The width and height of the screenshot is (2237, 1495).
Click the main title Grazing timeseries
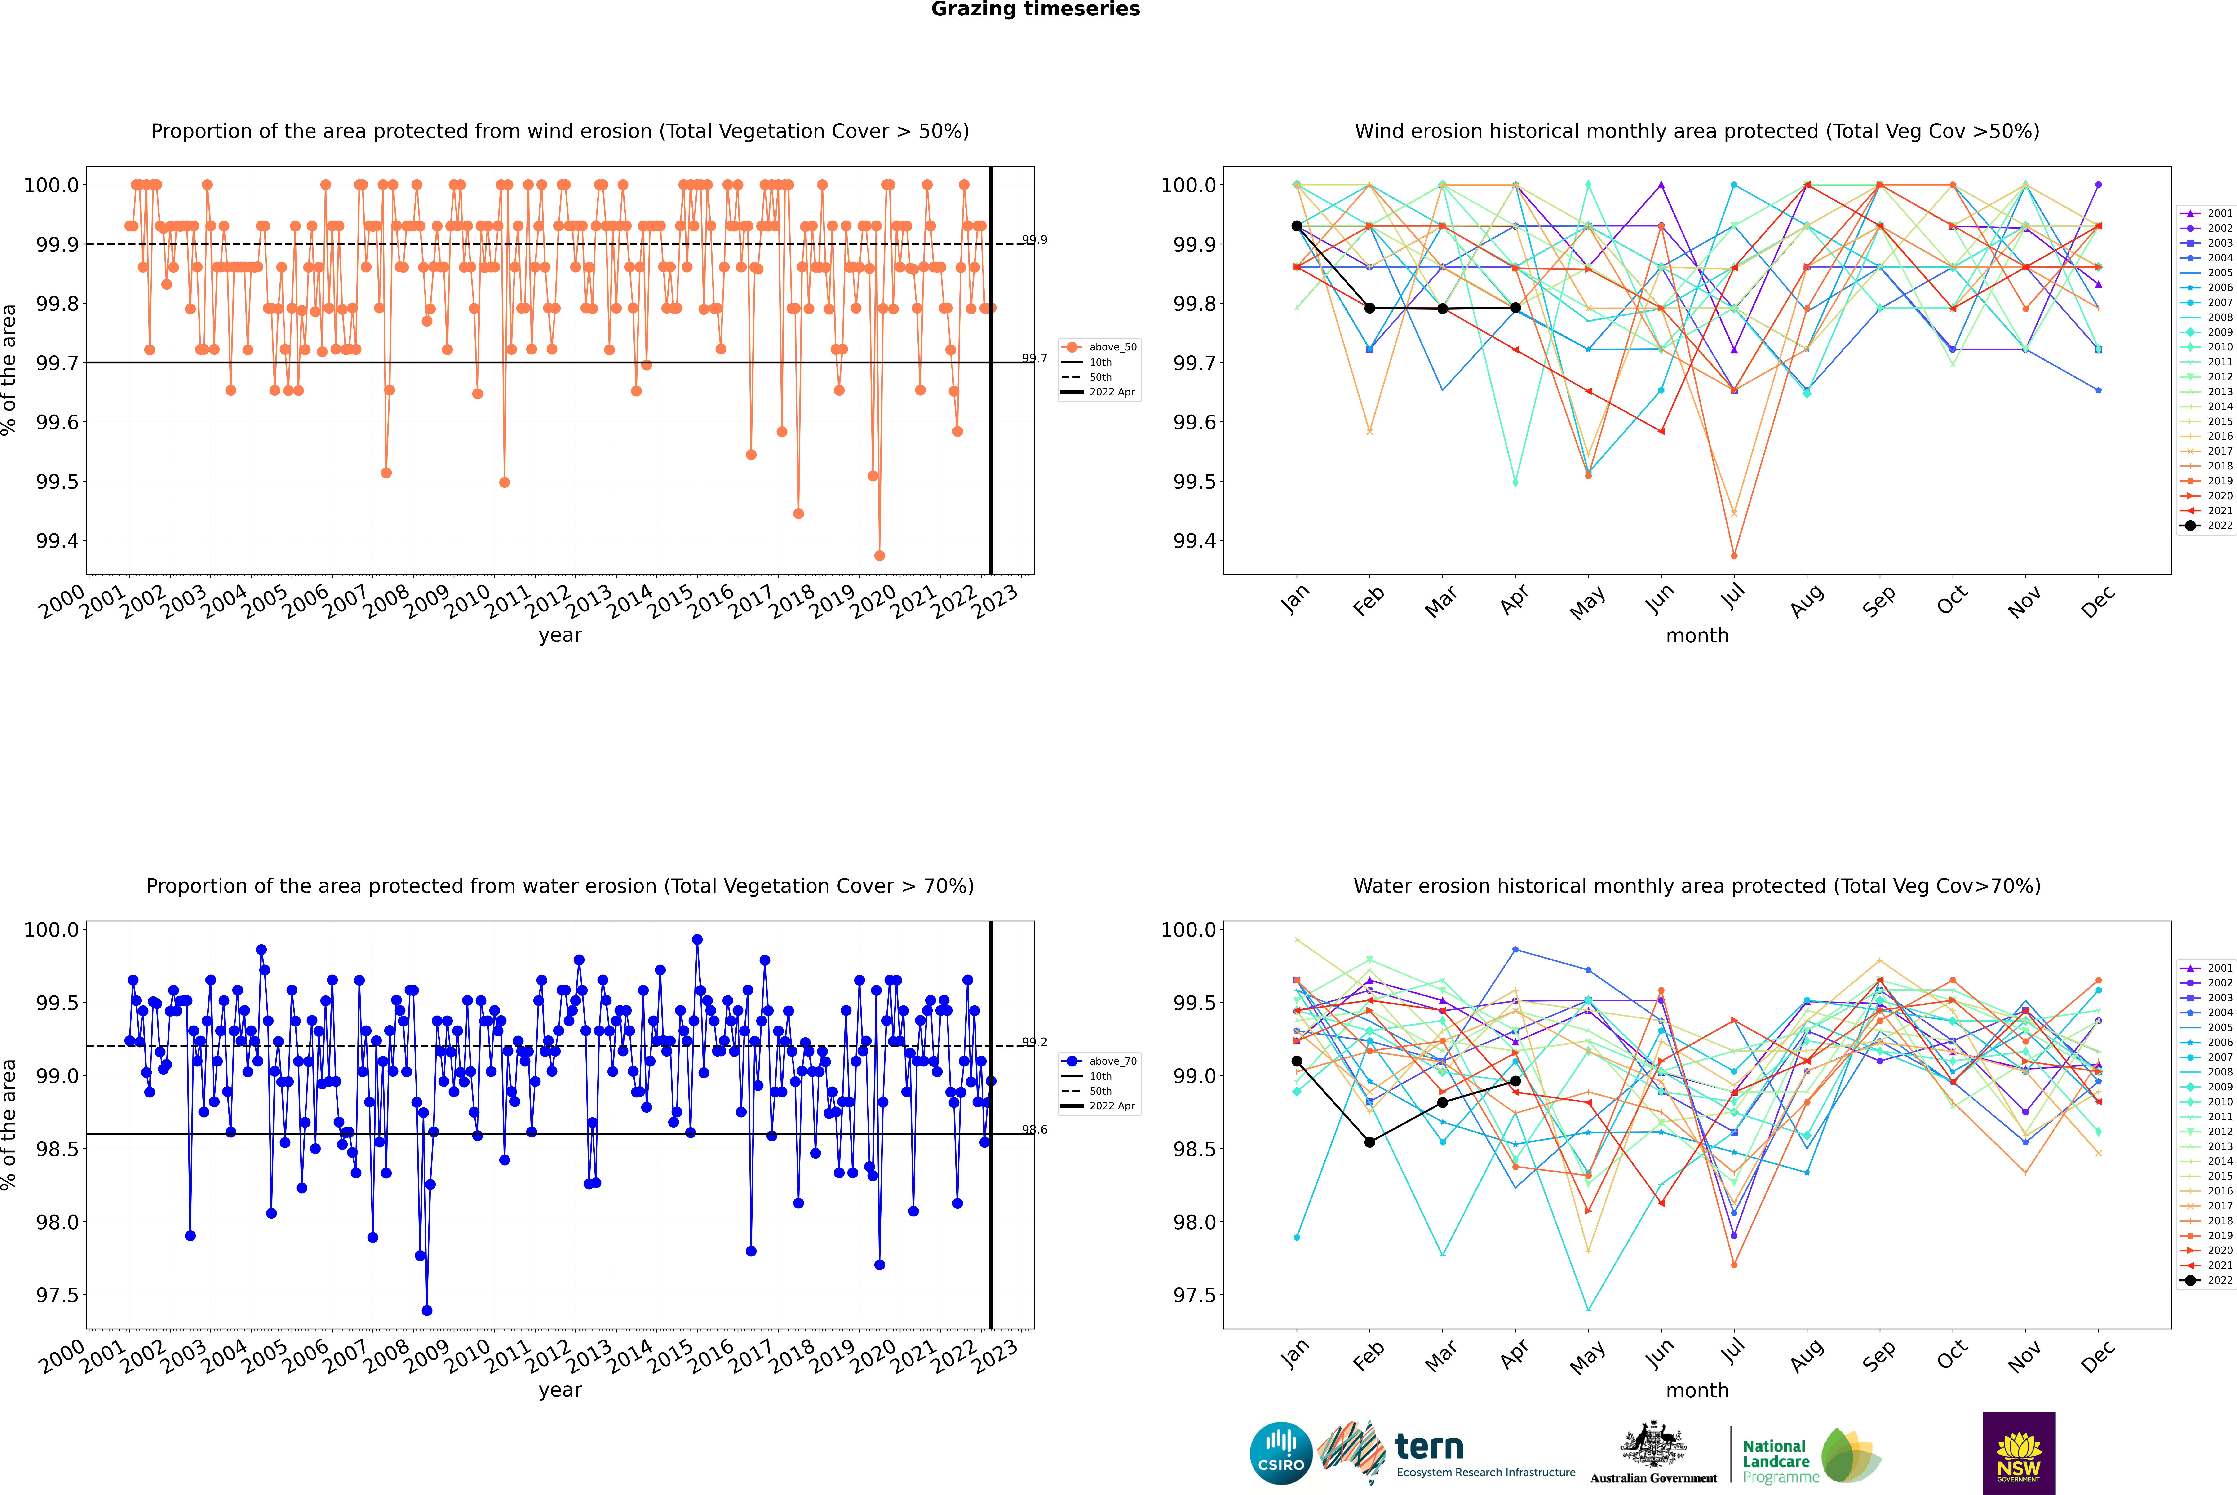tap(1036, 9)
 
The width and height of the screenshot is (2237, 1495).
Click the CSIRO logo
tap(1281, 1453)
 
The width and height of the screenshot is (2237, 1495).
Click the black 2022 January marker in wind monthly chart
tap(1297, 226)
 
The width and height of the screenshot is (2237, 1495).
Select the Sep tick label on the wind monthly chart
tap(1878, 602)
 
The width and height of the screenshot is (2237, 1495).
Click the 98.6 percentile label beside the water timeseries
tap(1035, 1130)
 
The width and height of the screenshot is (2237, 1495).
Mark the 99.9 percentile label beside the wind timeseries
tap(1035, 240)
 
